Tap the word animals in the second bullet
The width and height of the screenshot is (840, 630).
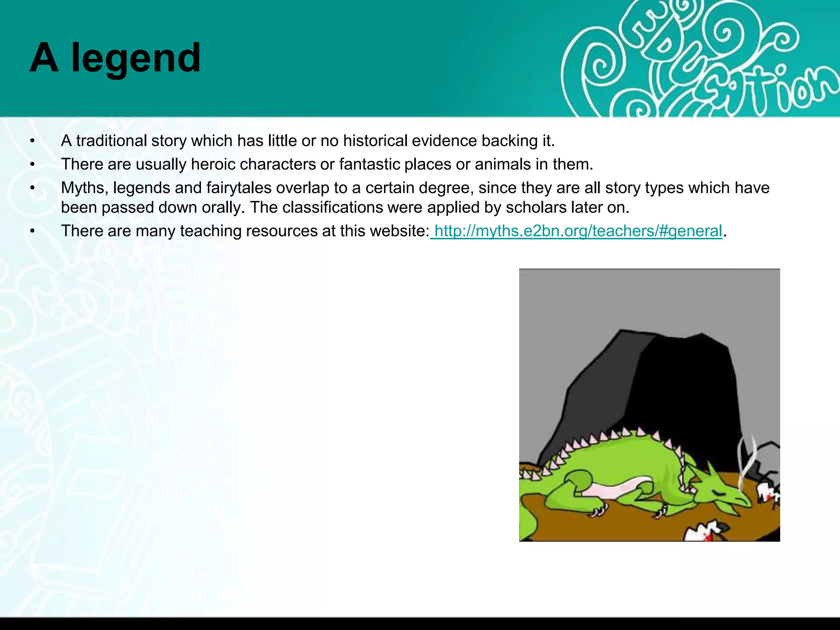pos(503,164)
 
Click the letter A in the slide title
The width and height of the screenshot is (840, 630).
pos(43,58)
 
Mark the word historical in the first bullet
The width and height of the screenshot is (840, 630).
pos(375,141)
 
